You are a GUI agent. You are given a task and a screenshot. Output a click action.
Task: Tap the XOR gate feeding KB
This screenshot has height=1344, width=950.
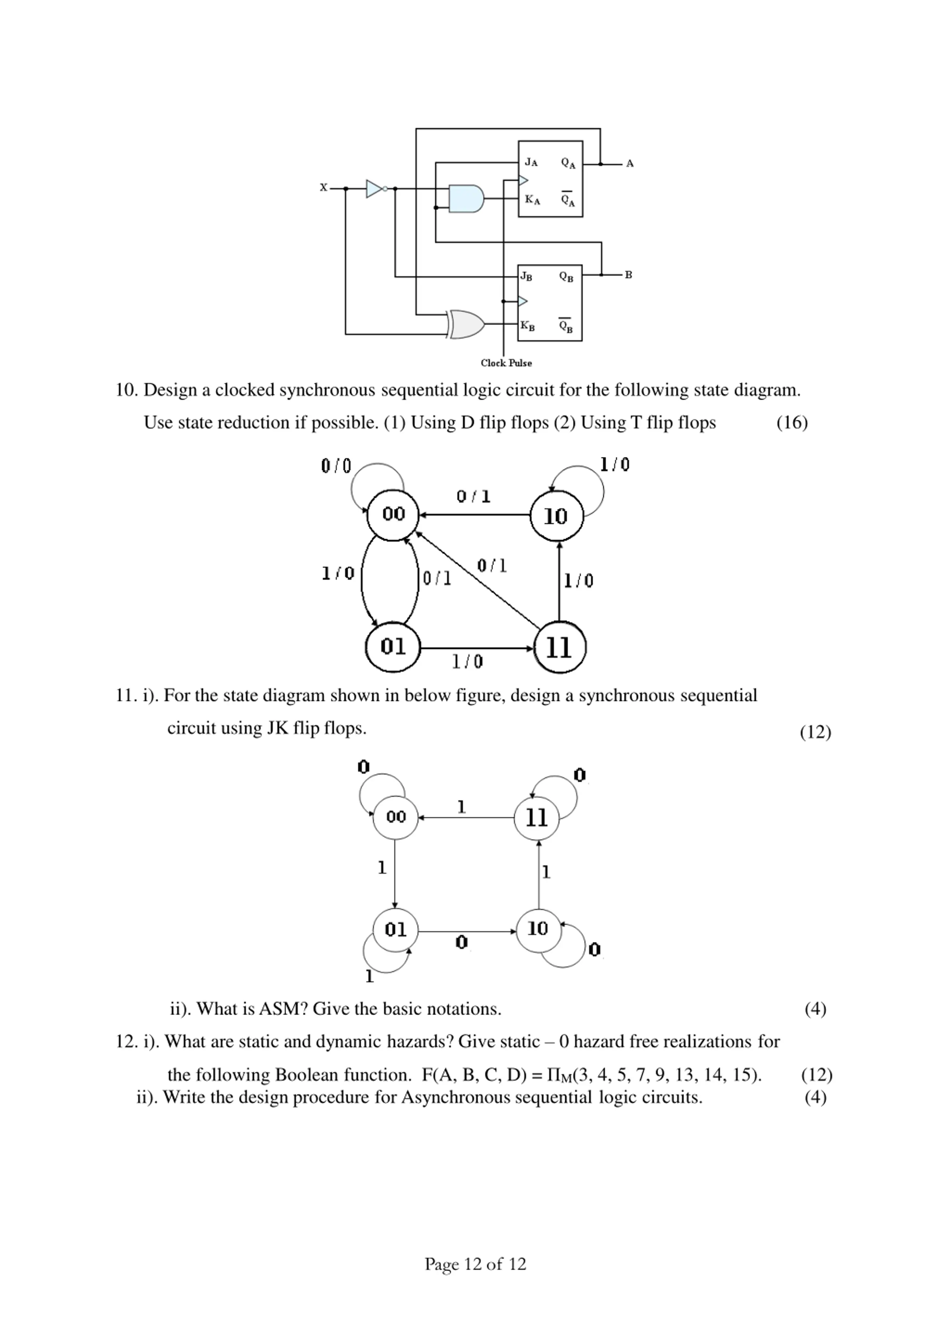tap(466, 324)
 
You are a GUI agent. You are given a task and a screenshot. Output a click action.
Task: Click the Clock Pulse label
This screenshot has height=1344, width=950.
tap(506, 363)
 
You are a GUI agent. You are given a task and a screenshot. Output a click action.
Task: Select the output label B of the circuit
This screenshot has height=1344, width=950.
tap(629, 275)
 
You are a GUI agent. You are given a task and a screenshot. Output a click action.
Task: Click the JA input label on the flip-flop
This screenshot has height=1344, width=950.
tap(531, 162)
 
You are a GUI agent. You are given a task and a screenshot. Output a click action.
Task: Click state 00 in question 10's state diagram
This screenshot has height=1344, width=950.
tap(394, 515)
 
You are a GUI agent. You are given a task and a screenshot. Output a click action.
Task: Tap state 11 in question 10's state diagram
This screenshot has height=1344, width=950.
tap(559, 647)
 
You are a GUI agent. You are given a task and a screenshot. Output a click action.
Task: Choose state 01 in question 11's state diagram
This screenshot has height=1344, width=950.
tap(395, 930)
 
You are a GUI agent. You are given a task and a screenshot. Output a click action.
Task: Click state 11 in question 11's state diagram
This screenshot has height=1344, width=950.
tap(537, 818)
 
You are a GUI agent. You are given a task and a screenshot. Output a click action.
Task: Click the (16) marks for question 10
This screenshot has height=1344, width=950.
tap(792, 423)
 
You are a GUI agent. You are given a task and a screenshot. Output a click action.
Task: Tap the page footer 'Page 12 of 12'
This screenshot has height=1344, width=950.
tap(475, 1264)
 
